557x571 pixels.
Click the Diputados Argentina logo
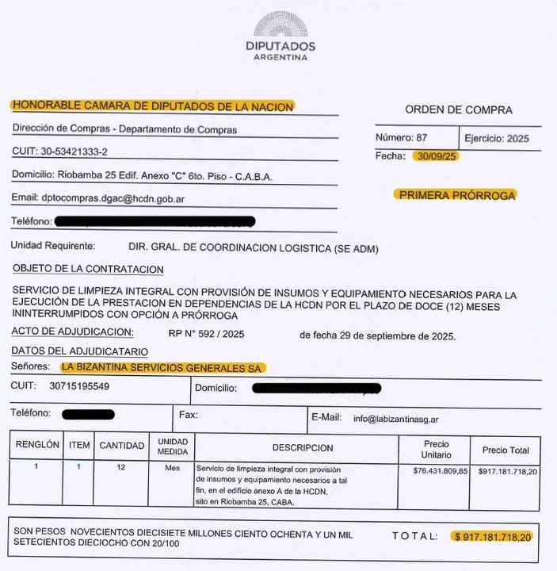pyautogui.click(x=280, y=35)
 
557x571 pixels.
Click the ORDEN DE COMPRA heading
pyautogui.click(x=459, y=110)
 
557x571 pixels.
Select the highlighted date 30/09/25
pyautogui.click(x=435, y=156)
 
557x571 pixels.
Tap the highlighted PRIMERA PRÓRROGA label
pyautogui.click(x=456, y=195)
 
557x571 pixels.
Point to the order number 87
pyautogui.click(x=422, y=138)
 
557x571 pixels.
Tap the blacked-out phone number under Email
pyautogui.click(x=155, y=221)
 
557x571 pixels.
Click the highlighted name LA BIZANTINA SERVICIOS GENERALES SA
pyautogui.click(x=163, y=367)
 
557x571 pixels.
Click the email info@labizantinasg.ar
pyautogui.click(x=396, y=418)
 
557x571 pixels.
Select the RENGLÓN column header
pyautogui.click(x=37, y=446)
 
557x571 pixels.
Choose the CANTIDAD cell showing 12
pyautogui.click(x=121, y=468)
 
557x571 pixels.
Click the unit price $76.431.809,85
pyautogui.click(x=441, y=471)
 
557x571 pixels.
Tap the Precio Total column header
pyautogui.click(x=505, y=450)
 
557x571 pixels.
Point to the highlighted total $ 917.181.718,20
pyautogui.click(x=492, y=537)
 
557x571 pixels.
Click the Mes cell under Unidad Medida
pyautogui.click(x=172, y=468)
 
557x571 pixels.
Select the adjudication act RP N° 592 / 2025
pyautogui.click(x=207, y=334)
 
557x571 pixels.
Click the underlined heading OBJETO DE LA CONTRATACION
pyautogui.click(x=88, y=270)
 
